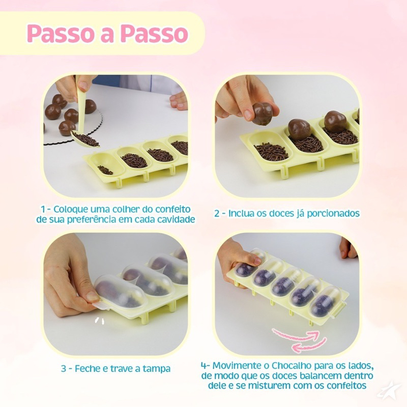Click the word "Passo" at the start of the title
click(60, 34)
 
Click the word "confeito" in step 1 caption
click(172, 209)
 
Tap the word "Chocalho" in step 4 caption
click(292, 365)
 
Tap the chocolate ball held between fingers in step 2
click(263, 113)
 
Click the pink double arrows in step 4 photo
click(299, 339)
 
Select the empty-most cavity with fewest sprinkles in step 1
click(107, 165)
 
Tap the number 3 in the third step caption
click(64, 369)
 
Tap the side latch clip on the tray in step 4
click(341, 308)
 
